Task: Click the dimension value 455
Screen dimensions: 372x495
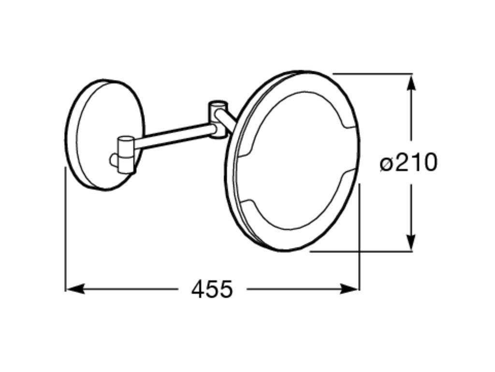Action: coord(212,289)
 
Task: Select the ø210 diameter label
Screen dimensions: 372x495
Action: coord(408,163)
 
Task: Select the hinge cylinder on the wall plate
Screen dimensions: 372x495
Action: coord(126,154)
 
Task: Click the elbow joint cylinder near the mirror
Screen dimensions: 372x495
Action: coord(218,119)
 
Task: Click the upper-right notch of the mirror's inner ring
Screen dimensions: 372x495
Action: coord(346,127)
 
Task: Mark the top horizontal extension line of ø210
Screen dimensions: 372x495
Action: coord(372,74)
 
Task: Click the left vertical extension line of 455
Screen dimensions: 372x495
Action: coord(65,228)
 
